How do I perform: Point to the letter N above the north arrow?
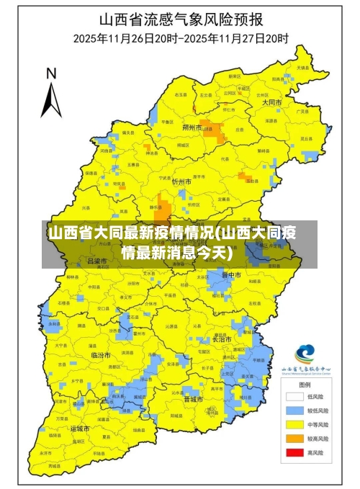pyautogui.click(x=51, y=73)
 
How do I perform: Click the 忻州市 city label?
pyautogui.click(x=181, y=182)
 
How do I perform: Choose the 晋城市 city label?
pyautogui.click(x=193, y=398)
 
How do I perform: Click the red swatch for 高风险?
pyautogui.click(x=293, y=453)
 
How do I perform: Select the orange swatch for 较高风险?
pyautogui.click(x=293, y=439)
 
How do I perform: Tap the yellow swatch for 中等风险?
pyautogui.click(x=293, y=425)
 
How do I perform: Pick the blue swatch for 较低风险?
pyautogui.click(x=293, y=411)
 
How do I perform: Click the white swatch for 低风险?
pyautogui.click(x=293, y=396)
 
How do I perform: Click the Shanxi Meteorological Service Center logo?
pyautogui.click(x=305, y=353)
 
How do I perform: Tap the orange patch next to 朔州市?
pyautogui.click(x=213, y=130)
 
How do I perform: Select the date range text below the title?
pyautogui.click(x=181, y=37)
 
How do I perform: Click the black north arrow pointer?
pyautogui.click(x=50, y=99)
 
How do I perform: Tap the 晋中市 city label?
pyautogui.click(x=232, y=275)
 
